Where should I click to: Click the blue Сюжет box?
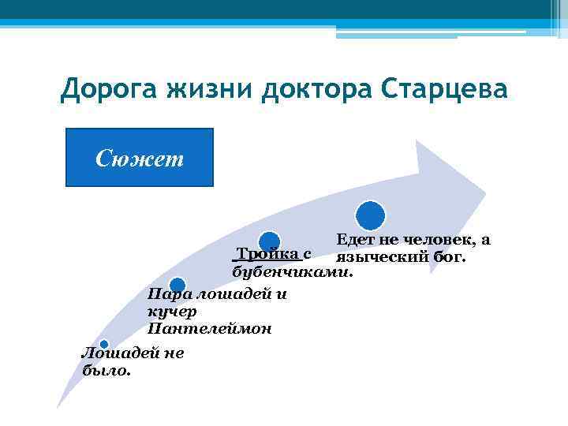click(x=140, y=158)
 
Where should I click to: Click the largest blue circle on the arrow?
click(x=371, y=215)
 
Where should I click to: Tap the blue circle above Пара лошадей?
click(x=177, y=285)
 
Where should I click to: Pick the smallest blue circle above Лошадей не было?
click(x=103, y=344)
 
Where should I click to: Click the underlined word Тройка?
click(x=267, y=255)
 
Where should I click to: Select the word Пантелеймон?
click(x=210, y=329)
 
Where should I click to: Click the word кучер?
click(x=167, y=312)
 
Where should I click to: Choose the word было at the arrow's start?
click(x=106, y=370)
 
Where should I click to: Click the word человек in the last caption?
click(x=435, y=239)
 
